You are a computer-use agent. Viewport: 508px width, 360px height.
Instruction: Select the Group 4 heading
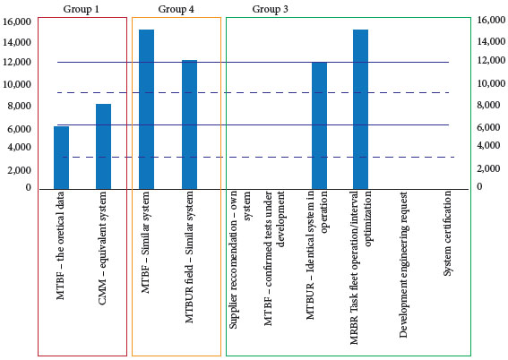[176, 8]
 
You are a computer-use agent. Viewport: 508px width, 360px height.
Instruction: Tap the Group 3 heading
[271, 8]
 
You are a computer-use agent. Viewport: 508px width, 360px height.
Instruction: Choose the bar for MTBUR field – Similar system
[189, 124]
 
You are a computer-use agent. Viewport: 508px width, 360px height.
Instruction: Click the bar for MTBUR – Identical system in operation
[319, 125]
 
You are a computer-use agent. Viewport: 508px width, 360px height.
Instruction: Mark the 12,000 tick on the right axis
[491, 62]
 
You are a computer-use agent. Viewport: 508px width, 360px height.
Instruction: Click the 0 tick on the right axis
[479, 187]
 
